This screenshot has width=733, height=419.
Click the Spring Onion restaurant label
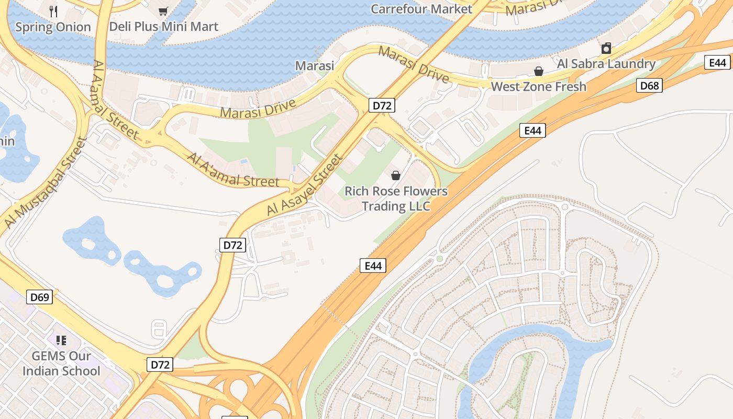tap(53, 27)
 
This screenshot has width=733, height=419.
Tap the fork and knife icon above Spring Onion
tap(53, 11)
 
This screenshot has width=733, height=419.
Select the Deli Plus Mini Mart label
tap(163, 27)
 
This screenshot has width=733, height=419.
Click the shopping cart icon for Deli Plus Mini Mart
tap(163, 11)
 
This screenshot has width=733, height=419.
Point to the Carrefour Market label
tap(421, 9)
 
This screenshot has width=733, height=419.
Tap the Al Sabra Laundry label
tap(606, 64)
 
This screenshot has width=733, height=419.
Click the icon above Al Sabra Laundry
tap(606, 49)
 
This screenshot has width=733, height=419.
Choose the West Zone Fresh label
tap(538, 86)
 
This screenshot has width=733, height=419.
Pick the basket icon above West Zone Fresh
tap(538, 71)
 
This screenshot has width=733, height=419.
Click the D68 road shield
tap(649, 85)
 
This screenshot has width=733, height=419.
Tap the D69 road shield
tap(40, 297)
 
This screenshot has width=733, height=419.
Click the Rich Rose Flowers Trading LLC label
tap(396, 199)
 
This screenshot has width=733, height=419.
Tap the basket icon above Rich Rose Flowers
tap(396, 175)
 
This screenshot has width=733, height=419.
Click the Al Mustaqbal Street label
tap(45, 183)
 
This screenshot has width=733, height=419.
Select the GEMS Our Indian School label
tap(61, 363)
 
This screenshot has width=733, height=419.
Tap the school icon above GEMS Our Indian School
tap(61, 340)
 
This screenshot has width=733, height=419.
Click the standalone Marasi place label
tap(315, 66)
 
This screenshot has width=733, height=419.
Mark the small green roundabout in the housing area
tap(440, 259)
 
